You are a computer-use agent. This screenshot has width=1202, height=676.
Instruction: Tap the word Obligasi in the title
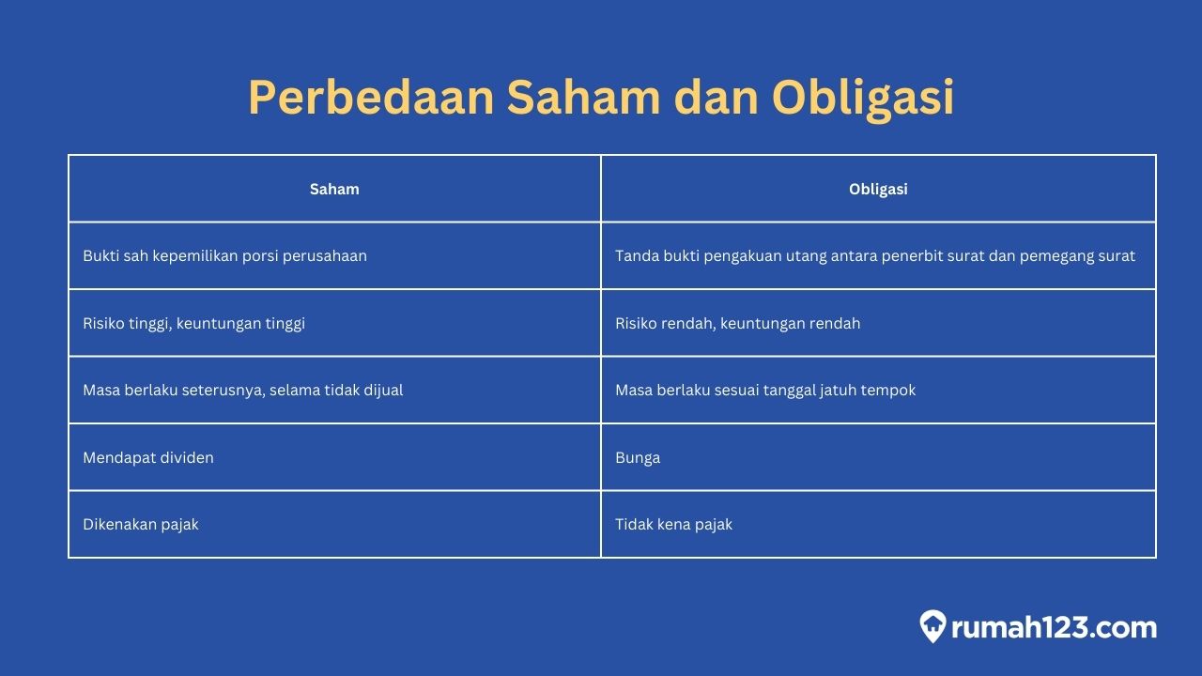point(862,99)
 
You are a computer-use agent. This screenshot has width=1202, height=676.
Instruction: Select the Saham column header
point(334,189)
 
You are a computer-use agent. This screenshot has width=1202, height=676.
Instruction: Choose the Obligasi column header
point(878,189)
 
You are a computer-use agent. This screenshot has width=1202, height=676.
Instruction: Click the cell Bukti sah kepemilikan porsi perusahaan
point(224,255)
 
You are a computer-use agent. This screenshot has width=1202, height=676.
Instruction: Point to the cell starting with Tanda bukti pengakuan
point(875,255)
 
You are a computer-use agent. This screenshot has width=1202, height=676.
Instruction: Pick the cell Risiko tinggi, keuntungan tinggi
point(193,323)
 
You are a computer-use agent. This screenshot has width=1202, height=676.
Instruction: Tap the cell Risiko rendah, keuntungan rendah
point(737,323)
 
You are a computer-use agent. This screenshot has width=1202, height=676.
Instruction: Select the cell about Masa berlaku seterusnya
point(242,390)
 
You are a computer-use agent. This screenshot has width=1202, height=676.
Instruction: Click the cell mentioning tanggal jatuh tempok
point(764,390)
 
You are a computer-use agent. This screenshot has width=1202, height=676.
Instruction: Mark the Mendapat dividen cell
point(148,457)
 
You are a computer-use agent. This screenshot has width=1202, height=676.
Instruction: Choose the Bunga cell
point(638,457)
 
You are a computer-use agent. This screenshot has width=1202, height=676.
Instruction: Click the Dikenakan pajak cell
point(141,524)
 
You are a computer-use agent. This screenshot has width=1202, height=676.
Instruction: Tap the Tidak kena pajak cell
point(673,524)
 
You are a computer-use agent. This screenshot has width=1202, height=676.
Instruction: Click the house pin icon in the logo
point(932,626)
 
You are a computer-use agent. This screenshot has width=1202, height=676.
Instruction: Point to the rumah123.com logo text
point(1054,627)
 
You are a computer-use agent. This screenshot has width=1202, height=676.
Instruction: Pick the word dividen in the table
point(188,457)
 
